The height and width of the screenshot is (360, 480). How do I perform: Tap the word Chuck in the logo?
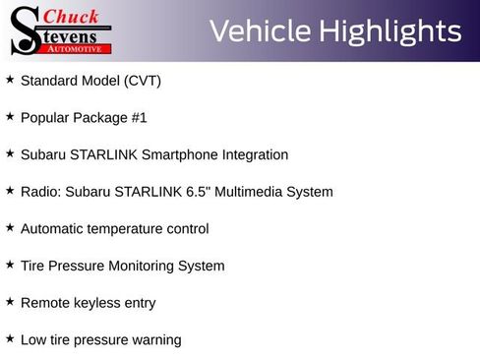(x=72, y=16)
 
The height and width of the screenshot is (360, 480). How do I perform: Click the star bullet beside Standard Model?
(x=10, y=79)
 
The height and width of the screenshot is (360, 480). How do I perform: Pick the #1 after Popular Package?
(x=139, y=118)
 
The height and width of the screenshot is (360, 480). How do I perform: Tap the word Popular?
(x=45, y=118)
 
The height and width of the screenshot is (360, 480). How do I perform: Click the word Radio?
(x=41, y=192)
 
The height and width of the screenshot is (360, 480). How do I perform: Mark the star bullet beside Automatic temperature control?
(x=10, y=227)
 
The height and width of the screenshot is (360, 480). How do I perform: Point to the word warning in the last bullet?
(x=155, y=340)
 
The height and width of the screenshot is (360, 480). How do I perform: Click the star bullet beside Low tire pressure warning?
(x=10, y=338)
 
